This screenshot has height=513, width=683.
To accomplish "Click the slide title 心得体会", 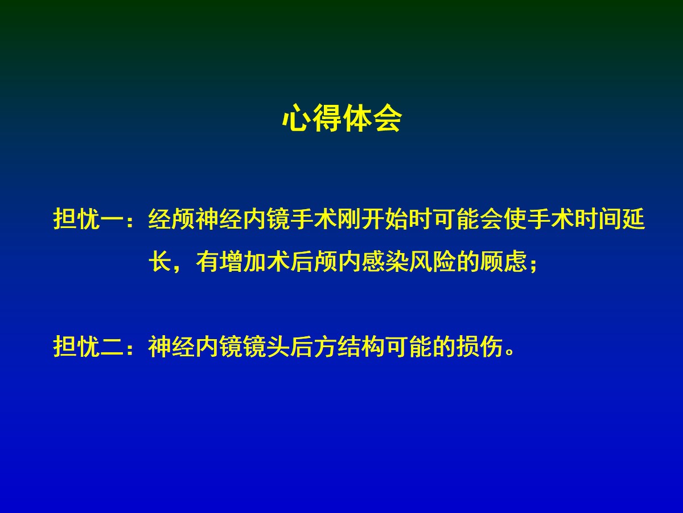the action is pyautogui.click(x=341, y=119).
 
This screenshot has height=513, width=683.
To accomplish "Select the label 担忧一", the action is pyautogui.click(x=88, y=219).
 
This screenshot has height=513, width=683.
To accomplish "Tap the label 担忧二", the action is pyautogui.click(x=88, y=347).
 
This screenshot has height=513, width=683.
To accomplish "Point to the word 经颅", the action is pyautogui.click(x=171, y=219).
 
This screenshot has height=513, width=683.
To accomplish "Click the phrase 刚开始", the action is pyautogui.click(x=372, y=219).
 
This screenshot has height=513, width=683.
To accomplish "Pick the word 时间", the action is pyautogui.click(x=598, y=219).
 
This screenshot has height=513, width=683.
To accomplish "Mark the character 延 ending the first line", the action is pyautogui.click(x=633, y=219).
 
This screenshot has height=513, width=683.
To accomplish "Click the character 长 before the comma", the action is pyautogui.click(x=160, y=261).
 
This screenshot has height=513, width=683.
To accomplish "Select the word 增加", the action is pyautogui.click(x=242, y=261).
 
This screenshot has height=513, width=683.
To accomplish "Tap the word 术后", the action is pyautogui.click(x=290, y=261).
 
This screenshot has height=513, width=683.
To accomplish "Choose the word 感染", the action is pyautogui.click(x=385, y=261).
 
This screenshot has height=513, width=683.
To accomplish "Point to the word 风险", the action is pyautogui.click(x=432, y=261).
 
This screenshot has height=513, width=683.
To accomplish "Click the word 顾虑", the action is pyautogui.click(x=503, y=261).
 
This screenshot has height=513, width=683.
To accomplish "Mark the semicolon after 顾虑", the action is pyautogui.click(x=533, y=264).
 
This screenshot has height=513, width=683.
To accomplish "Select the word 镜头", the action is pyautogui.click(x=266, y=347).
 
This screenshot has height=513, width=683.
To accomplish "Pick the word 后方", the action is pyautogui.click(x=314, y=347).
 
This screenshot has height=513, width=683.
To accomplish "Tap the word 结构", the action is pyautogui.click(x=361, y=347).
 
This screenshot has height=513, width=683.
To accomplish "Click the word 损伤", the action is pyautogui.click(x=479, y=347).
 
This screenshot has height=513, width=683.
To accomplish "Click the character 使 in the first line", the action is pyautogui.click(x=515, y=219).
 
